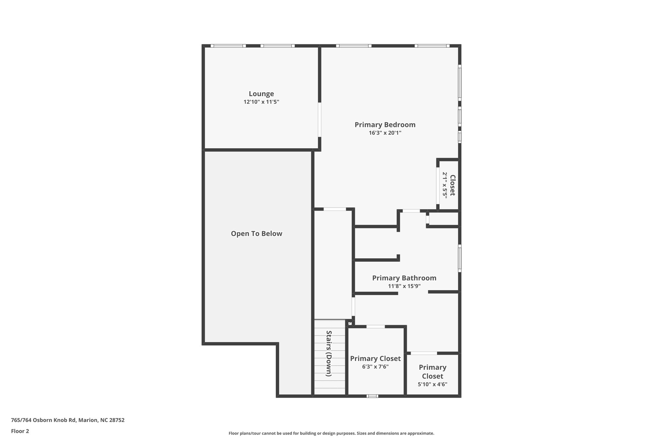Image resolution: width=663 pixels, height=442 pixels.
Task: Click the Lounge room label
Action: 261,94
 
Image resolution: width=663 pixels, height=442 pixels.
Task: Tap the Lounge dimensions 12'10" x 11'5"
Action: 261,102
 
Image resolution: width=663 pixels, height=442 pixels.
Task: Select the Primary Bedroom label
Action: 385,125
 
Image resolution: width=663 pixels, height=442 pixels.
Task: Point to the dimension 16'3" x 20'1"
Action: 385,133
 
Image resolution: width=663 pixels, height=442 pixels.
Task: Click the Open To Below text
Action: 256,234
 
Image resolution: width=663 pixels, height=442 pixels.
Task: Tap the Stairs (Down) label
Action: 329,353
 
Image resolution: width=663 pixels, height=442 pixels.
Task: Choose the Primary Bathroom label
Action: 404,278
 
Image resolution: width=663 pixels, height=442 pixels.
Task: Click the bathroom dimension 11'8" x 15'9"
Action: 404,286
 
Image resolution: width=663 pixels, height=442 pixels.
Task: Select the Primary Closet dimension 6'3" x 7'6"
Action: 375,367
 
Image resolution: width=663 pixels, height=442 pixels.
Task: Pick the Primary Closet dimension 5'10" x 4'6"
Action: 433,384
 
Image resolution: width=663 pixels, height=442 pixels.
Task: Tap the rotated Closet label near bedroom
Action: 453,185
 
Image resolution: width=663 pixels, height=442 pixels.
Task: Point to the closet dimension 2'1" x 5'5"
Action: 445,185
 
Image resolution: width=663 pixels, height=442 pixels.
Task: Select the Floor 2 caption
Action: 20,431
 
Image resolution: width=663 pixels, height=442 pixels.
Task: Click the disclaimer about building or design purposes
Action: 331,433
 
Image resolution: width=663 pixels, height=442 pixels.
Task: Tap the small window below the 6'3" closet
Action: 372,396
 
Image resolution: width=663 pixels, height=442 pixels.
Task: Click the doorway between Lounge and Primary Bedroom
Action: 320,120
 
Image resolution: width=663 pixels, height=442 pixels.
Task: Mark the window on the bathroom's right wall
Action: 459,258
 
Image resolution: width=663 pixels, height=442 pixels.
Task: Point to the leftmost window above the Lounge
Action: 228,46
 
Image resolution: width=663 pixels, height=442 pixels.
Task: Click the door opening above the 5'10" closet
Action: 424,353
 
